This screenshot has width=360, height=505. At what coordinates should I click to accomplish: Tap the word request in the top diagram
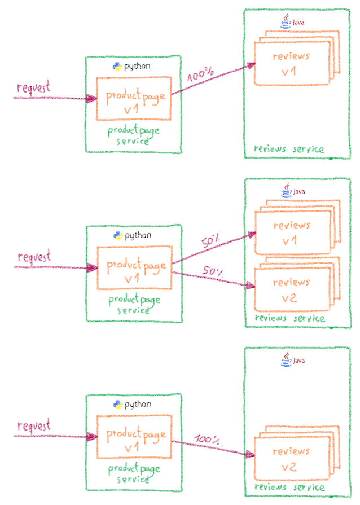34,88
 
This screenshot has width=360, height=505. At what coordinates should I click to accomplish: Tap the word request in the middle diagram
34,257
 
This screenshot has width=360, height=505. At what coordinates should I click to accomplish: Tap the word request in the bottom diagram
34,425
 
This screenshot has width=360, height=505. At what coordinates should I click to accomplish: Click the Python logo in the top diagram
117,66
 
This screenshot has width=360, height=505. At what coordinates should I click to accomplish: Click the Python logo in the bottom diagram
117,404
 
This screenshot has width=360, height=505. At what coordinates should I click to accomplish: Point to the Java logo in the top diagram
286,22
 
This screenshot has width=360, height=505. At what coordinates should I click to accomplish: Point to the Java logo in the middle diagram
286,190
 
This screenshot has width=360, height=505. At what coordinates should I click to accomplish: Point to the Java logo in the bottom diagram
286,359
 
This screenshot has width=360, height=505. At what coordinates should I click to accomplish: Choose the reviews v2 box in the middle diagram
291,290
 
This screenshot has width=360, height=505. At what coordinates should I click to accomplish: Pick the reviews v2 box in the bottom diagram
291,459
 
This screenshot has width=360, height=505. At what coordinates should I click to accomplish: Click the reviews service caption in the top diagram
289,149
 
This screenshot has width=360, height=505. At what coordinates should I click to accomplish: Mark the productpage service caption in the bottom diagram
134,474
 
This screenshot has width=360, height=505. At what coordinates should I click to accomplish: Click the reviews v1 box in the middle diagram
291,233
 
